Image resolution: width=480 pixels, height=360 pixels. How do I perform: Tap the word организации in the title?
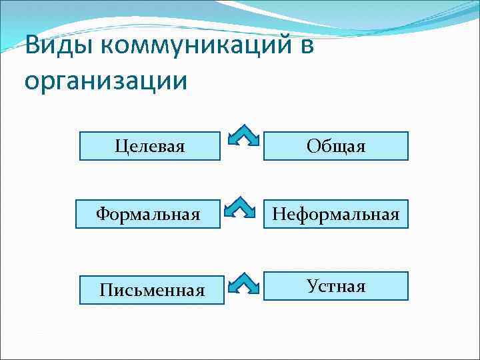click(105, 81)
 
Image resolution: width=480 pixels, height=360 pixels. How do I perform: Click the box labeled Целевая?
click(149, 146)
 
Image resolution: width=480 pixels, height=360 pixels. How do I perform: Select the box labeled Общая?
click(335, 146)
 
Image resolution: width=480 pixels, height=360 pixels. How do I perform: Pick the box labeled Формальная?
click(147, 214)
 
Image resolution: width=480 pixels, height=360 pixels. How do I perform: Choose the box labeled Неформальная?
click(335, 214)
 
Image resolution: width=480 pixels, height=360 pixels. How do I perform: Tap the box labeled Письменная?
click(151, 290)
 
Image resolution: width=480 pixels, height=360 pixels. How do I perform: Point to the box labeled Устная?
click(335, 286)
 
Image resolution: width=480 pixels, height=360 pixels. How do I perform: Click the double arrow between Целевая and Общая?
click(242, 135)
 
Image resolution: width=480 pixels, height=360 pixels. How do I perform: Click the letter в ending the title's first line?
click(305, 49)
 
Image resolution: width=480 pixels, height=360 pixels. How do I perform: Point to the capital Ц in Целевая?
click(120, 146)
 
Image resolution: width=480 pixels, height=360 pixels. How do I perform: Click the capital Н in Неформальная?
click(277, 214)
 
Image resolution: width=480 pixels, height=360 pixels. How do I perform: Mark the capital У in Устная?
click(313, 286)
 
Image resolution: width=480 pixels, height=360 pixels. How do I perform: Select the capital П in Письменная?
click(105, 290)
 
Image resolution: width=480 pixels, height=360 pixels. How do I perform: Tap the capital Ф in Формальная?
click(103, 214)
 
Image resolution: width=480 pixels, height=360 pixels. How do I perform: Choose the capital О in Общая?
click(313, 146)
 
